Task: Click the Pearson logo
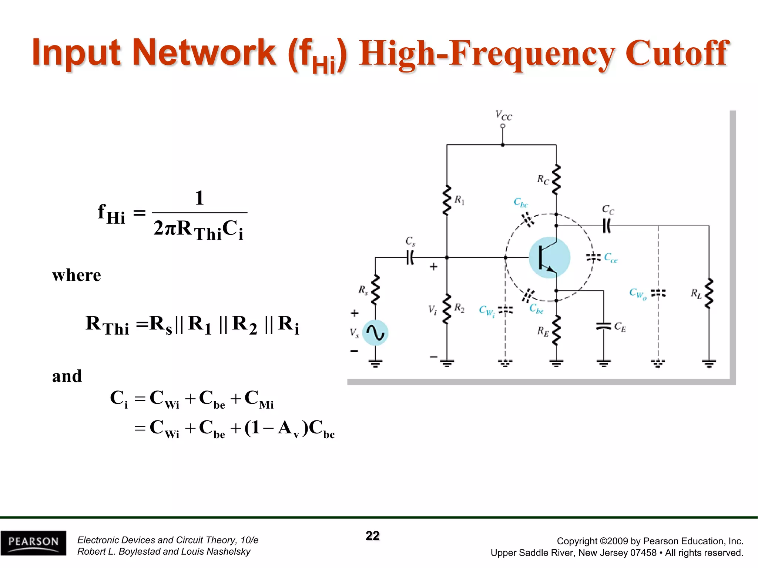(33, 542)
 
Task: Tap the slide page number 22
(372, 536)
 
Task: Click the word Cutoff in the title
(677, 54)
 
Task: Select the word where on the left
(76, 275)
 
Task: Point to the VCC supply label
(503, 116)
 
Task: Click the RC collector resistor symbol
(556, 180)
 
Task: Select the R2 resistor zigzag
(447, 309)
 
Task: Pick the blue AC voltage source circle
(375, 333)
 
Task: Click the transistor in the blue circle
(549, 258)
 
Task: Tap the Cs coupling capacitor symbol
(410, 257)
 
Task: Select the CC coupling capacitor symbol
(607, 226)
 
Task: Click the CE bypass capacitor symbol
(604, 326)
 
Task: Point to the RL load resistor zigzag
(709, 294)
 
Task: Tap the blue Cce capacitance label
(611, 258)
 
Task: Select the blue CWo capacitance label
(638, 294)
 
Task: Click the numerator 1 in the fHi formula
(199, 198)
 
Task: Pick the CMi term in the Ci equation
(259, 399)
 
